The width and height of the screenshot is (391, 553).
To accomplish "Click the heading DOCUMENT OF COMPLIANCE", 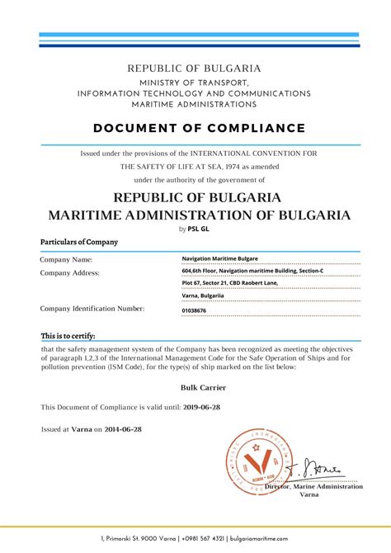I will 199,128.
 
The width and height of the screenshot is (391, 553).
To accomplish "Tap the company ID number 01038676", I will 195,310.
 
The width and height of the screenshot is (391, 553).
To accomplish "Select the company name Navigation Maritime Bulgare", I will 219,258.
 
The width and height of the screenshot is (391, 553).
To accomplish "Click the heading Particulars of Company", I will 79,242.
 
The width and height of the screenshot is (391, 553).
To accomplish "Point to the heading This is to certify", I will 68,336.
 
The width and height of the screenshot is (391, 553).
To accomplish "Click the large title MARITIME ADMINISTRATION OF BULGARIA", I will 199,215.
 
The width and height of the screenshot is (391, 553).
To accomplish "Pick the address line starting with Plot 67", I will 229,282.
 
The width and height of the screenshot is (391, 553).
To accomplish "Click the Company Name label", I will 66,259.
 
